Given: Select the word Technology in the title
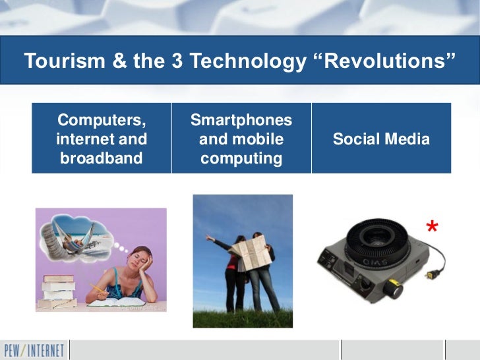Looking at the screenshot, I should pos(239,61).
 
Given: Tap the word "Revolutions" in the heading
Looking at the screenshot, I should pos(382,61).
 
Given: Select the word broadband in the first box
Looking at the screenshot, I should pos(102,159).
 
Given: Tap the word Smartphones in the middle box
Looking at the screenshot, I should pos(241,120).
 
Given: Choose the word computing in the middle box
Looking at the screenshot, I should pos(241,159).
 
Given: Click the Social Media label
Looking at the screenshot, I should pos(381,140).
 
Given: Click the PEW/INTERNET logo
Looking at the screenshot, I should pos(33,349).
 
